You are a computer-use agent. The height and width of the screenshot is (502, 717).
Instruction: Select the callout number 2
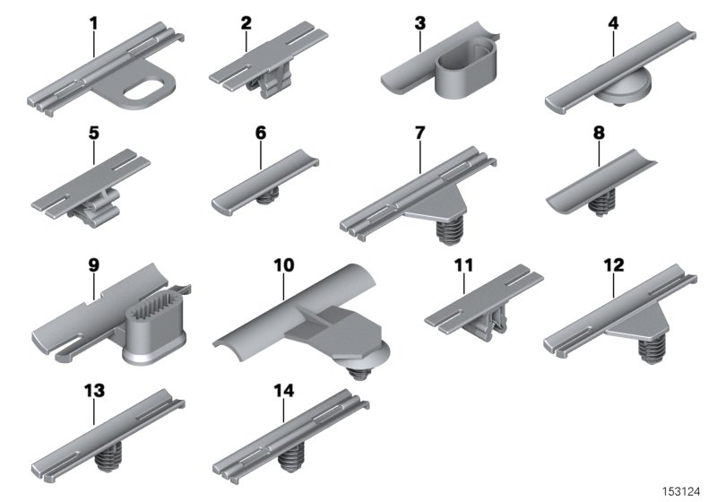tap(246, 23)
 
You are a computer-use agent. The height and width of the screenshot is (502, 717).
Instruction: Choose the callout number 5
tap(94, 133)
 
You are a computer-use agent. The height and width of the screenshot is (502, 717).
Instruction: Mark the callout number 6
tap(261, 133)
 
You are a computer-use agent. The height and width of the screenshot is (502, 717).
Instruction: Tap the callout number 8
tap(599, 133)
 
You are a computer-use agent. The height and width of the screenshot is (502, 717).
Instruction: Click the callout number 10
tap(283, 266)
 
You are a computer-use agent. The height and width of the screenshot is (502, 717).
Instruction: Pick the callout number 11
tap(462, 265)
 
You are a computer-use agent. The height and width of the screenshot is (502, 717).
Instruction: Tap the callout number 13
tap(94, 390)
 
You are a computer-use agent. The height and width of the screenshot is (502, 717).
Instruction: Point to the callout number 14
tap(283, 390)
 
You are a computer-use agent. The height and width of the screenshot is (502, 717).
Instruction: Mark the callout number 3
tap(419, 23)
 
